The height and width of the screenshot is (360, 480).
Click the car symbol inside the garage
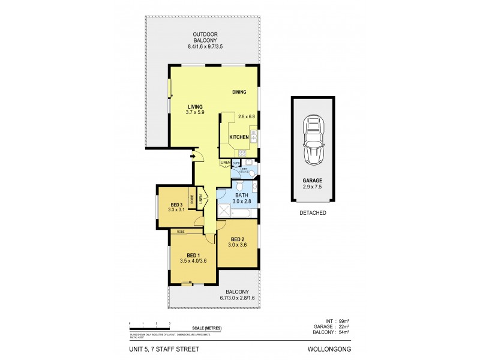tap(314, 139)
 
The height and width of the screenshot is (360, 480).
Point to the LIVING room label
tap(196, 107)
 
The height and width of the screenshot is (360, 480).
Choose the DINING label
tap(240, 92)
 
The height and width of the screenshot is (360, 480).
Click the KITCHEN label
tap(239, 137)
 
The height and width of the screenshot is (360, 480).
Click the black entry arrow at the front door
tap(193, 158)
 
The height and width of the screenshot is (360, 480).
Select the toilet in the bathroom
tap(253, 175)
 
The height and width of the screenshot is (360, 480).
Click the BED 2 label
tap(237, 238)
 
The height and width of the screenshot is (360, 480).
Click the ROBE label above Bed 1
tap(180, 231)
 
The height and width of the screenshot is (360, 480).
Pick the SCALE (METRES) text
tap(205, 327)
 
